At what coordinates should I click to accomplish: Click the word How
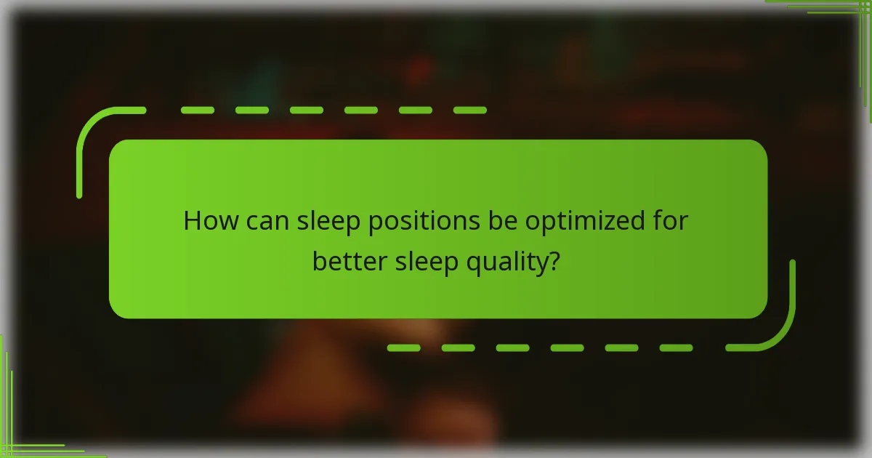[x=206, y=221]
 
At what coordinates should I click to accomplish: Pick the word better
[x=350, y=261]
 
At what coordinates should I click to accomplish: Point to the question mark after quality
[x=554, y=261]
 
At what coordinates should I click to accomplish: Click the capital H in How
[x=192, y=221]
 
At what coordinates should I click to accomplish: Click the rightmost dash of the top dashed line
[x=469, y=111]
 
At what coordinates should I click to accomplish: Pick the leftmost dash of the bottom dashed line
[x=404, y=347]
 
